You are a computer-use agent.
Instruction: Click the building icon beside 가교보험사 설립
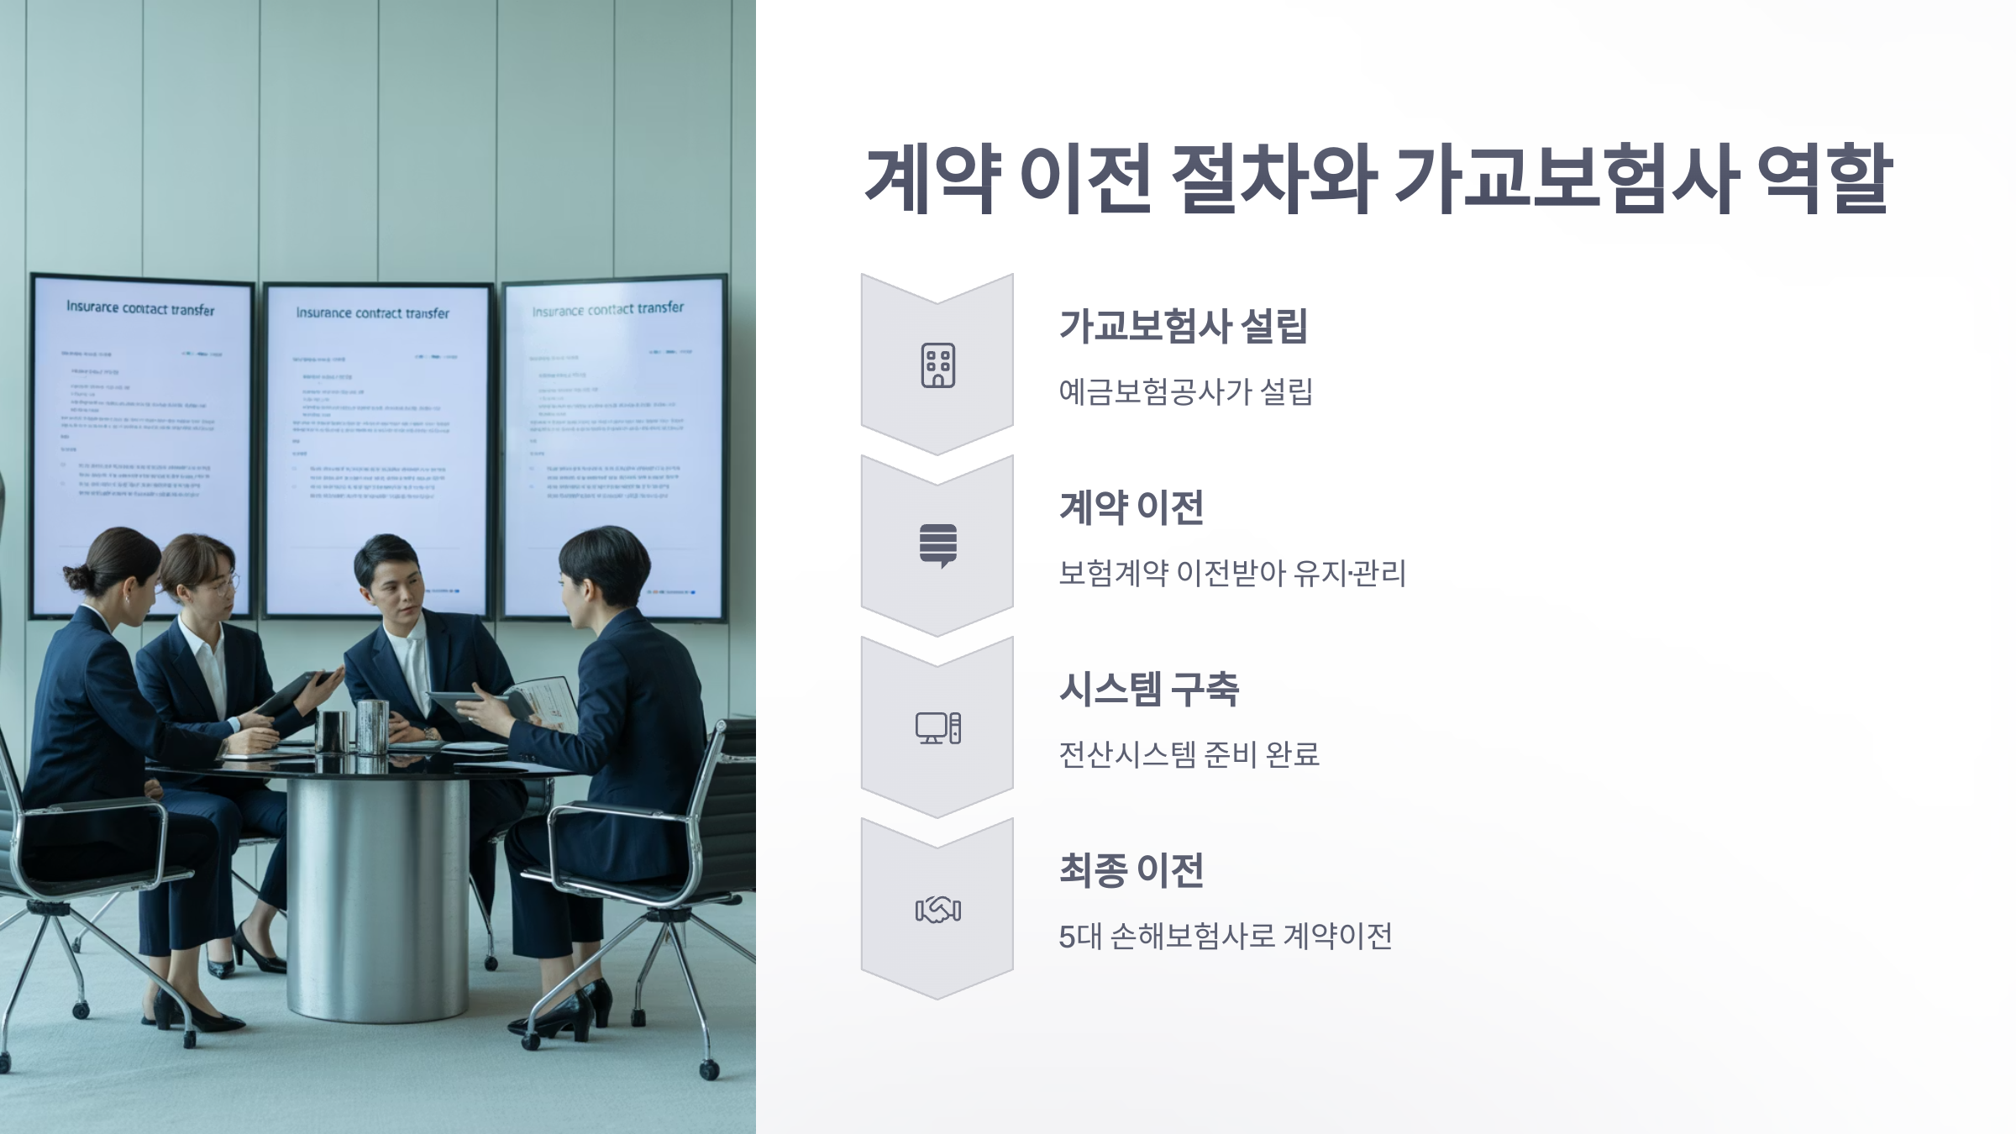(937, 365)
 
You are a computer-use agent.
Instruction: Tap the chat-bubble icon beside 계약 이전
(937, 546)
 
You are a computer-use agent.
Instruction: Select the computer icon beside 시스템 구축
(937, 727)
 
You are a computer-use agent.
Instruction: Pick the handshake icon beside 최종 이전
(937, 910)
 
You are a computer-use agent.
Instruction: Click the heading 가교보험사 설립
(1183, 326)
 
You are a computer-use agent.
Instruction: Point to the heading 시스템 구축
(1148, 689)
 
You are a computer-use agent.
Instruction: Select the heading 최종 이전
(1131, 870)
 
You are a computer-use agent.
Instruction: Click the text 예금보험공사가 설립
(1185, 391)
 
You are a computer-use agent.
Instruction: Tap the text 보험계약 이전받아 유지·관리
(1231, 573)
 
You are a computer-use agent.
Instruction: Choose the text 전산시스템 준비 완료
(1189, 754)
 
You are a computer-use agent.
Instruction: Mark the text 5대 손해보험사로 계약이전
(1225, 936)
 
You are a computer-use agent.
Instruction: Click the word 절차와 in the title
(1273, 179)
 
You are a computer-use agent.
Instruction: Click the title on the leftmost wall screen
(140, 308)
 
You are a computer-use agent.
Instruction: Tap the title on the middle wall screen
(372, 313)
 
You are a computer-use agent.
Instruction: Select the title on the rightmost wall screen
(607, 310)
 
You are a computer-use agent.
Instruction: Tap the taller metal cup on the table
(372, 726)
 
